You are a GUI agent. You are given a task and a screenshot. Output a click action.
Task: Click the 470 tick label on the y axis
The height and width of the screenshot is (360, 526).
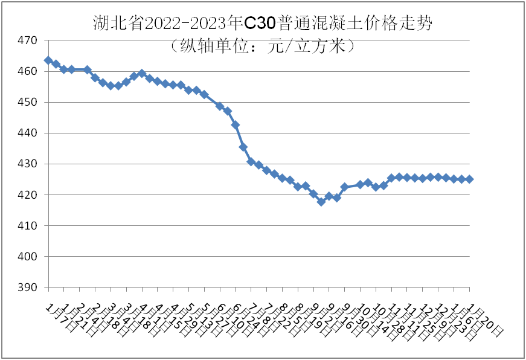(x=29, y=40)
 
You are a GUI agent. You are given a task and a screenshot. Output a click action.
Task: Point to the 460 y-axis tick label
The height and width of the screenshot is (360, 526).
(x=29, y=71)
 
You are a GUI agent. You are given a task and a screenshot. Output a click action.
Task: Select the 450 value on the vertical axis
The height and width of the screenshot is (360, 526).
(x=29, y=102)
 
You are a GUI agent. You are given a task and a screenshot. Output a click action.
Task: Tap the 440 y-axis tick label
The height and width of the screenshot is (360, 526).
(x=29, y=133)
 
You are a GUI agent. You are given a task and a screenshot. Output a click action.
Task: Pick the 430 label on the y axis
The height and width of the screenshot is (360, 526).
(x=29, y=164)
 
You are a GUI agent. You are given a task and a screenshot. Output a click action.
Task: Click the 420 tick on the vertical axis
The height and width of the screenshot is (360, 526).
(x=29, y=195)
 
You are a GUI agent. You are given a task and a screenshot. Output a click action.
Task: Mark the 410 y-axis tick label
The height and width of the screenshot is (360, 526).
(x=29, y=226)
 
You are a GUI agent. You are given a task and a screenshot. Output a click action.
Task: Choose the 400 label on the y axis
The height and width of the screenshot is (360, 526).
(x=29, y=257)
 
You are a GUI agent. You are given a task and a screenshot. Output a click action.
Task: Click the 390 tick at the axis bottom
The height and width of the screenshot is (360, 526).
(x=29, y=288)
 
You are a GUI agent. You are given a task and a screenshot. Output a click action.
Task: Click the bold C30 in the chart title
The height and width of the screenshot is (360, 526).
(x=260, y=24)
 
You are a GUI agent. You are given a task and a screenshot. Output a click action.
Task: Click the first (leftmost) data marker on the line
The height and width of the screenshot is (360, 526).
(x=48, y=60)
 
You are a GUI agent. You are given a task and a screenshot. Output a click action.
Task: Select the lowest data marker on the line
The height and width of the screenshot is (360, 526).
(x=321, y=202)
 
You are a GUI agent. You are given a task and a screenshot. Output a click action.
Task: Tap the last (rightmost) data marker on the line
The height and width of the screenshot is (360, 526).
(x=469, y=179)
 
